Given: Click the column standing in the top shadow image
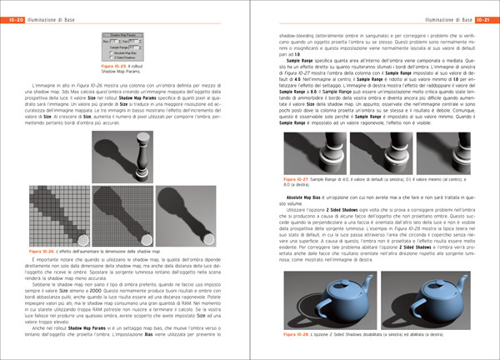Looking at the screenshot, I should click(x=137, y=147).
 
